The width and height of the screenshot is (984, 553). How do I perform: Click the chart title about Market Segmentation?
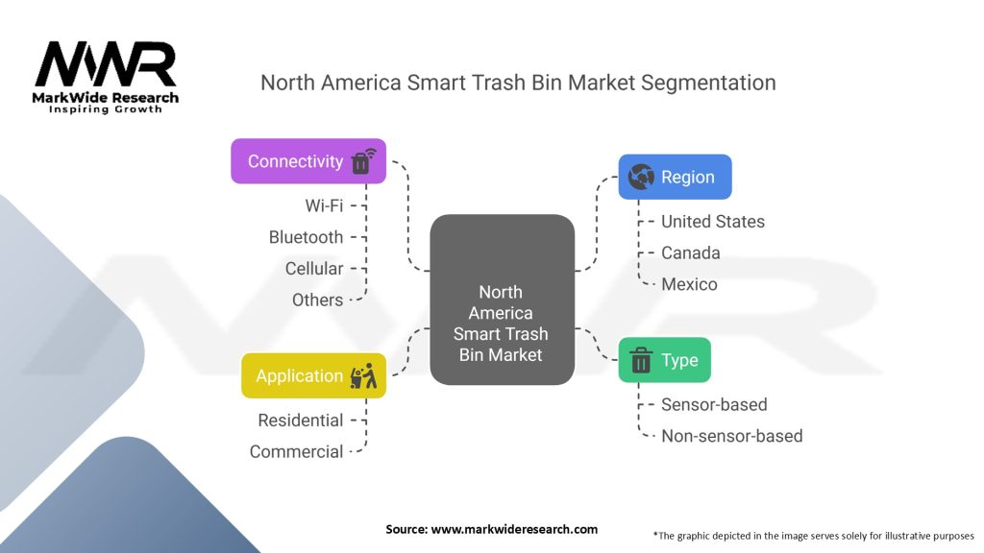518,83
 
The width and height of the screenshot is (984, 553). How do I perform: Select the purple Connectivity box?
307,161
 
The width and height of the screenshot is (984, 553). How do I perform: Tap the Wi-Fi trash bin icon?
362,160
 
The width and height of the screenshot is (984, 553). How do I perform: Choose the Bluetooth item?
306,237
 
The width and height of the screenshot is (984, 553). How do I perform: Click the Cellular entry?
314,269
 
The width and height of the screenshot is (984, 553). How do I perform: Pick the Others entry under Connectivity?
317,301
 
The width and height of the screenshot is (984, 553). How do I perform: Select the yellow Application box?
313,376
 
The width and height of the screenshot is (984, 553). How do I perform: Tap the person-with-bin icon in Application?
363,376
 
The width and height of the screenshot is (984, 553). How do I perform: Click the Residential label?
300,421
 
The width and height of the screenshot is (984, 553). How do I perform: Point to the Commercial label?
296,451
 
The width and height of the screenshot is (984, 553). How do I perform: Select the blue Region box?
675,177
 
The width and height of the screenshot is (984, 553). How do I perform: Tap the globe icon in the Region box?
640,177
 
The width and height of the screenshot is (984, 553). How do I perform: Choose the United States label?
713,222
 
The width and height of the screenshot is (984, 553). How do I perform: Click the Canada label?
690,253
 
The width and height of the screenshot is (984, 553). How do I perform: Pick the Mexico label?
689,285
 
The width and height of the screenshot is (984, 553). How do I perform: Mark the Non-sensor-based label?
731,436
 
